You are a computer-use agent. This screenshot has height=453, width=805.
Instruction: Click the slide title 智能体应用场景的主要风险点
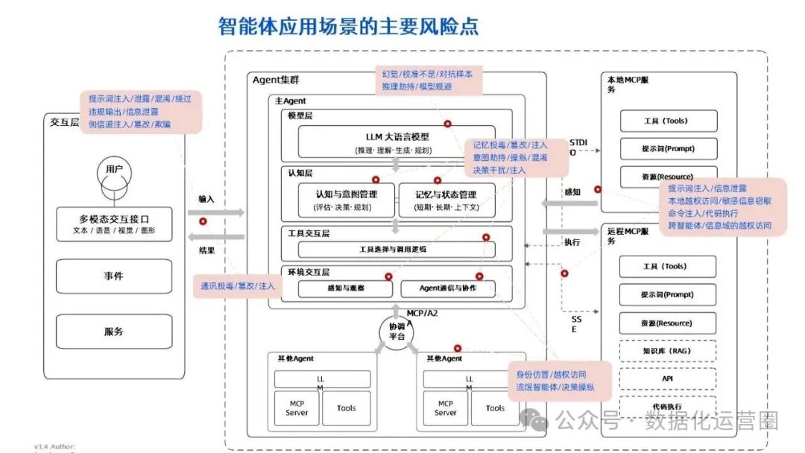(x=349, y=27)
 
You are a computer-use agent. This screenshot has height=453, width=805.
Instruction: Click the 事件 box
(x=114, y=276)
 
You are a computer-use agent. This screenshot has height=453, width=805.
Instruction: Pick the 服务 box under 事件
(x=114, y=332)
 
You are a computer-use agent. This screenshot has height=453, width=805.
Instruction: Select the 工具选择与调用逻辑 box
(x=396, y=249)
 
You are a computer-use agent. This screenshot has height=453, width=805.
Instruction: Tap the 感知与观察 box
(x=345, y=288)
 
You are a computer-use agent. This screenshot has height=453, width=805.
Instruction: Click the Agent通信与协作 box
(x=447, y=288)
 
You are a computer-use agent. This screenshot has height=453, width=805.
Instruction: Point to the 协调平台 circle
(x=397, y=332)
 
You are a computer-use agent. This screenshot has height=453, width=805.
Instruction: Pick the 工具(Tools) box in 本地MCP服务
(x=668, y=121)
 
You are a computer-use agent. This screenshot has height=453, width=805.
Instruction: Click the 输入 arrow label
(x=206, y=200)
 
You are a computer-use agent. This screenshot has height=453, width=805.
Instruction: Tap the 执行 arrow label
(x=572, y=242)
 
